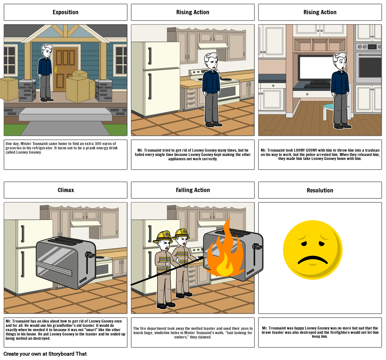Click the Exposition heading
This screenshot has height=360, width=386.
(x=66, y=12)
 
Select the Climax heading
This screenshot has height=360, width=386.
(x=66, y=190)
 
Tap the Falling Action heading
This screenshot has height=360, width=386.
(x=193, y=190)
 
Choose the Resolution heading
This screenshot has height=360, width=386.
(x=320, y=190)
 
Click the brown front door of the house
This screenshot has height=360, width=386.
(x=66, y=68)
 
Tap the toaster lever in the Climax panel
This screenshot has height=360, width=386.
(x=90, y=255)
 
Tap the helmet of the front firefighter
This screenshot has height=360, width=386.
(x=163, y=236)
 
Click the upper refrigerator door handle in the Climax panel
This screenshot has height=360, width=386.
(x=22, y=233)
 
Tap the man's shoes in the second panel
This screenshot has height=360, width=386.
(x=213, y=125)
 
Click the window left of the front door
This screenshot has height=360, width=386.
(x=10, y=60)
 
